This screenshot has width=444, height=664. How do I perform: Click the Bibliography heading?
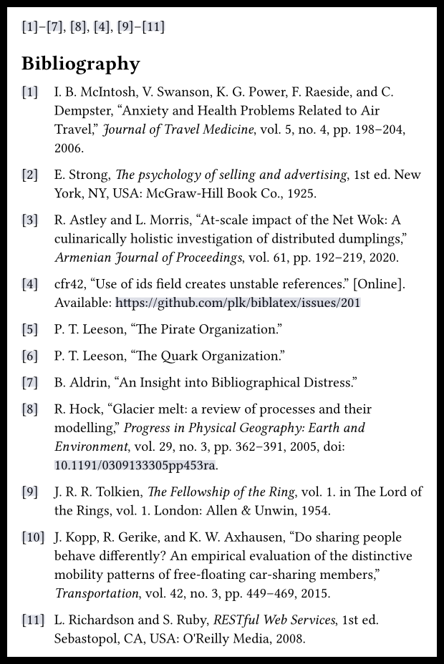click(x=80, y=64)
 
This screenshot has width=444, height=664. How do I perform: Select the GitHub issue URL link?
click(x=238, y=303)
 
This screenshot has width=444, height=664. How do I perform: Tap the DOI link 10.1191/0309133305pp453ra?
click(x=135, y=465)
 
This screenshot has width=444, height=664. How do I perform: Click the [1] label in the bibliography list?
click(x=29, y=92)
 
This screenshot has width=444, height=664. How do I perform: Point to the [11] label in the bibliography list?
click(x=32, y=620)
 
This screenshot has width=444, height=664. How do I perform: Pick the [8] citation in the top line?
click(x=78, y=27)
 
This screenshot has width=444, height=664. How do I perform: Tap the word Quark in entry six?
click(x=163, y=356)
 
